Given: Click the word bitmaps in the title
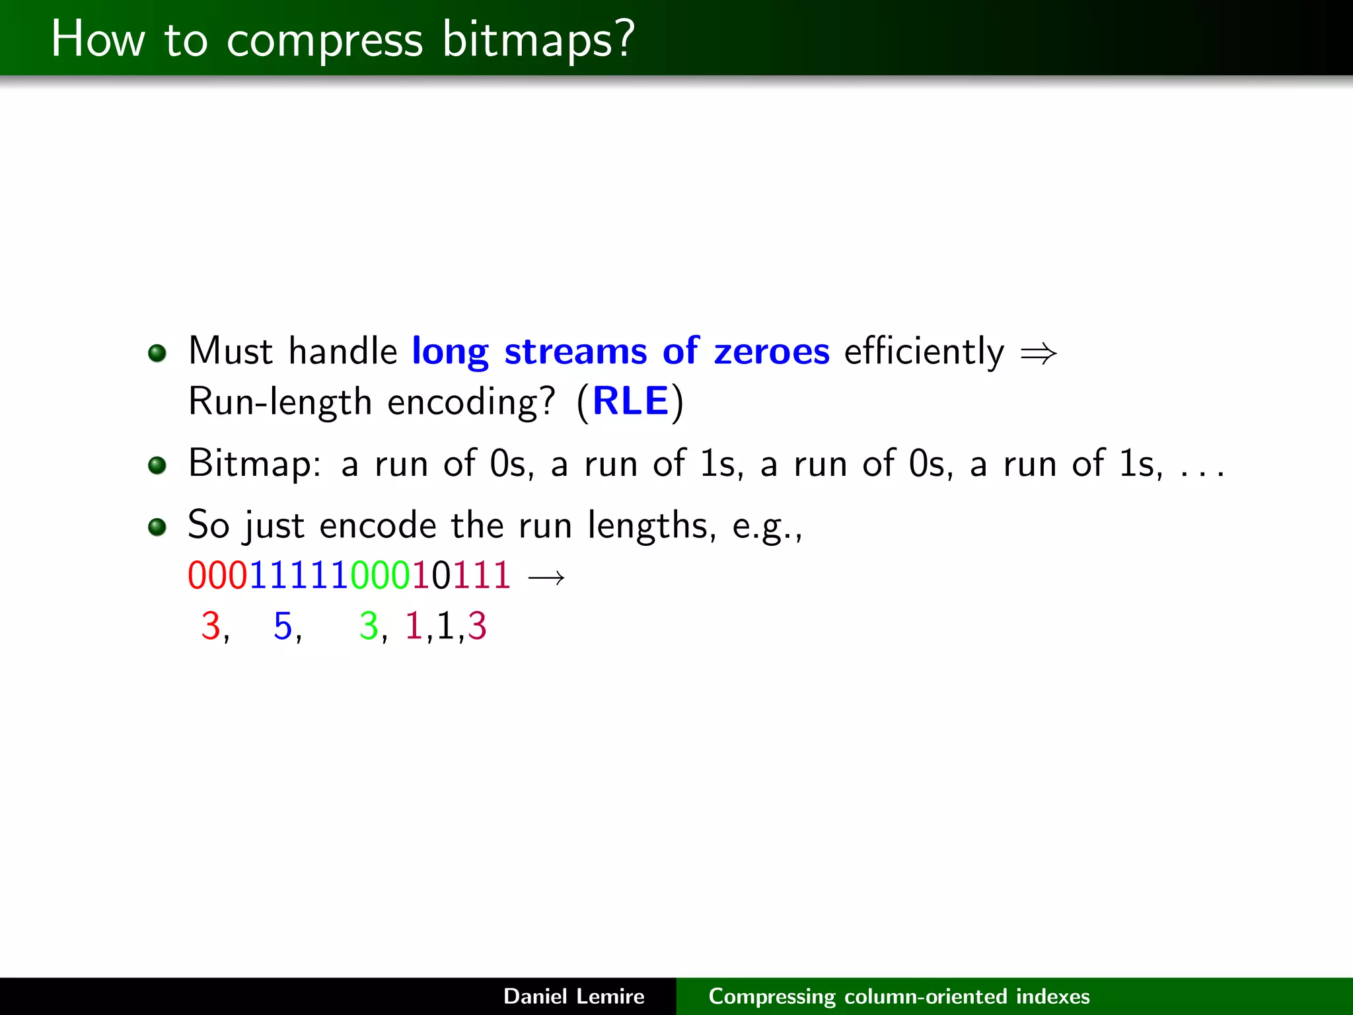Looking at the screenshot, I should point(537,40).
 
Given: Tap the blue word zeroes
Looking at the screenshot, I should point(771,351).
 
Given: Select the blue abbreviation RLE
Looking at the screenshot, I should point(630,401).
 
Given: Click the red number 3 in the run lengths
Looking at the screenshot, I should point(210,626).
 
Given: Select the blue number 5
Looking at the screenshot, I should point(283,626).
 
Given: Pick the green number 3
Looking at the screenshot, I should point(368,626).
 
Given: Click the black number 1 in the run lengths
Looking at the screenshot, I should point(445,626).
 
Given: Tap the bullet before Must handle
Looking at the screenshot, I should point(157,353).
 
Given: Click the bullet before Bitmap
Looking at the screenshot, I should point(157,465).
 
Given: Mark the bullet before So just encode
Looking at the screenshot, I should point(157,527).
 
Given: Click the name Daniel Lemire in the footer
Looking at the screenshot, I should point(573,996).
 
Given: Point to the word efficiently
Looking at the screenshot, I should point(924,351).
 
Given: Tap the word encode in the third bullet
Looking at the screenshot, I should point(378,526).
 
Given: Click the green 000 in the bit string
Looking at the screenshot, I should point(381,575).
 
